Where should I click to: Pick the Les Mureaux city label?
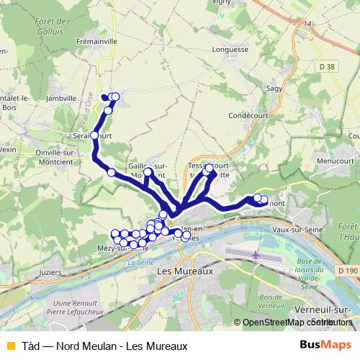pos(185,272)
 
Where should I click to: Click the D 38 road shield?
pos(326,67)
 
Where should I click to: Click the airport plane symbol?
pos(257,255)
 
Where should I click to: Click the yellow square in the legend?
pos(9,346)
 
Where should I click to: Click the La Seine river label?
pos(140,263)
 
